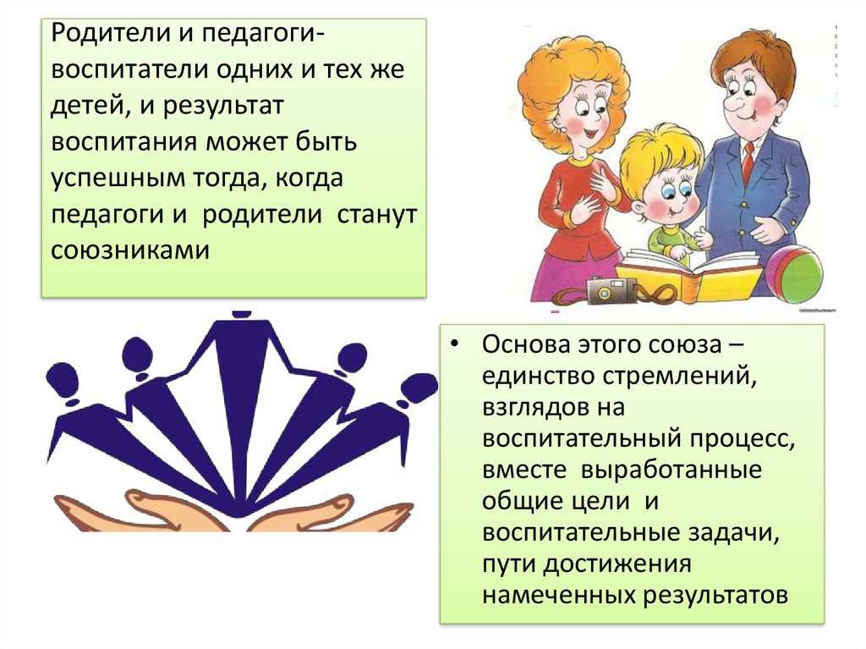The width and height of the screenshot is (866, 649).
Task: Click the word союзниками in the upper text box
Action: click(130, 250)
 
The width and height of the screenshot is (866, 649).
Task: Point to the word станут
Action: click(376, 214)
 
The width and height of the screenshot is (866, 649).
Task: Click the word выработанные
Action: click(671, 470)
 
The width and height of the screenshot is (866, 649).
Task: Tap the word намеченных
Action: click(558, 596)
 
